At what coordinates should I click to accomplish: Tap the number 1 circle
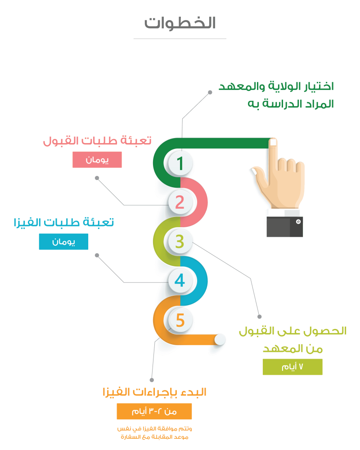point(180,163)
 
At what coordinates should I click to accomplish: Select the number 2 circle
point(180,202)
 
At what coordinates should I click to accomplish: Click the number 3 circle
point(180,242)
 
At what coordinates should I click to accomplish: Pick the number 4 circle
point(180,281)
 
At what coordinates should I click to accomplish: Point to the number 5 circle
point(180,320)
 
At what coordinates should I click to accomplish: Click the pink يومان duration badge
point(97,160)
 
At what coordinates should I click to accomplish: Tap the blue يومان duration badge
point(63,242)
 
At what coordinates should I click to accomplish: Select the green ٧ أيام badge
point(292,367)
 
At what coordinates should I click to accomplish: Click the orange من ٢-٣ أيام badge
point(154,411)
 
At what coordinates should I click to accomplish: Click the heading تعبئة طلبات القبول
point(97,140)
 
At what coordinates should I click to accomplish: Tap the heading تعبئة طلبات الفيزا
point(63,222)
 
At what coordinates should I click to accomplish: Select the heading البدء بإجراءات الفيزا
point(154,392)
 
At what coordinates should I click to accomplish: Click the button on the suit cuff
point(298,222)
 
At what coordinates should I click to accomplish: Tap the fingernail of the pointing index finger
point(273,142)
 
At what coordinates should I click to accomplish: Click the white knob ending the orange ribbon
point(220,340)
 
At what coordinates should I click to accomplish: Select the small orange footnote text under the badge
point(154,433)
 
